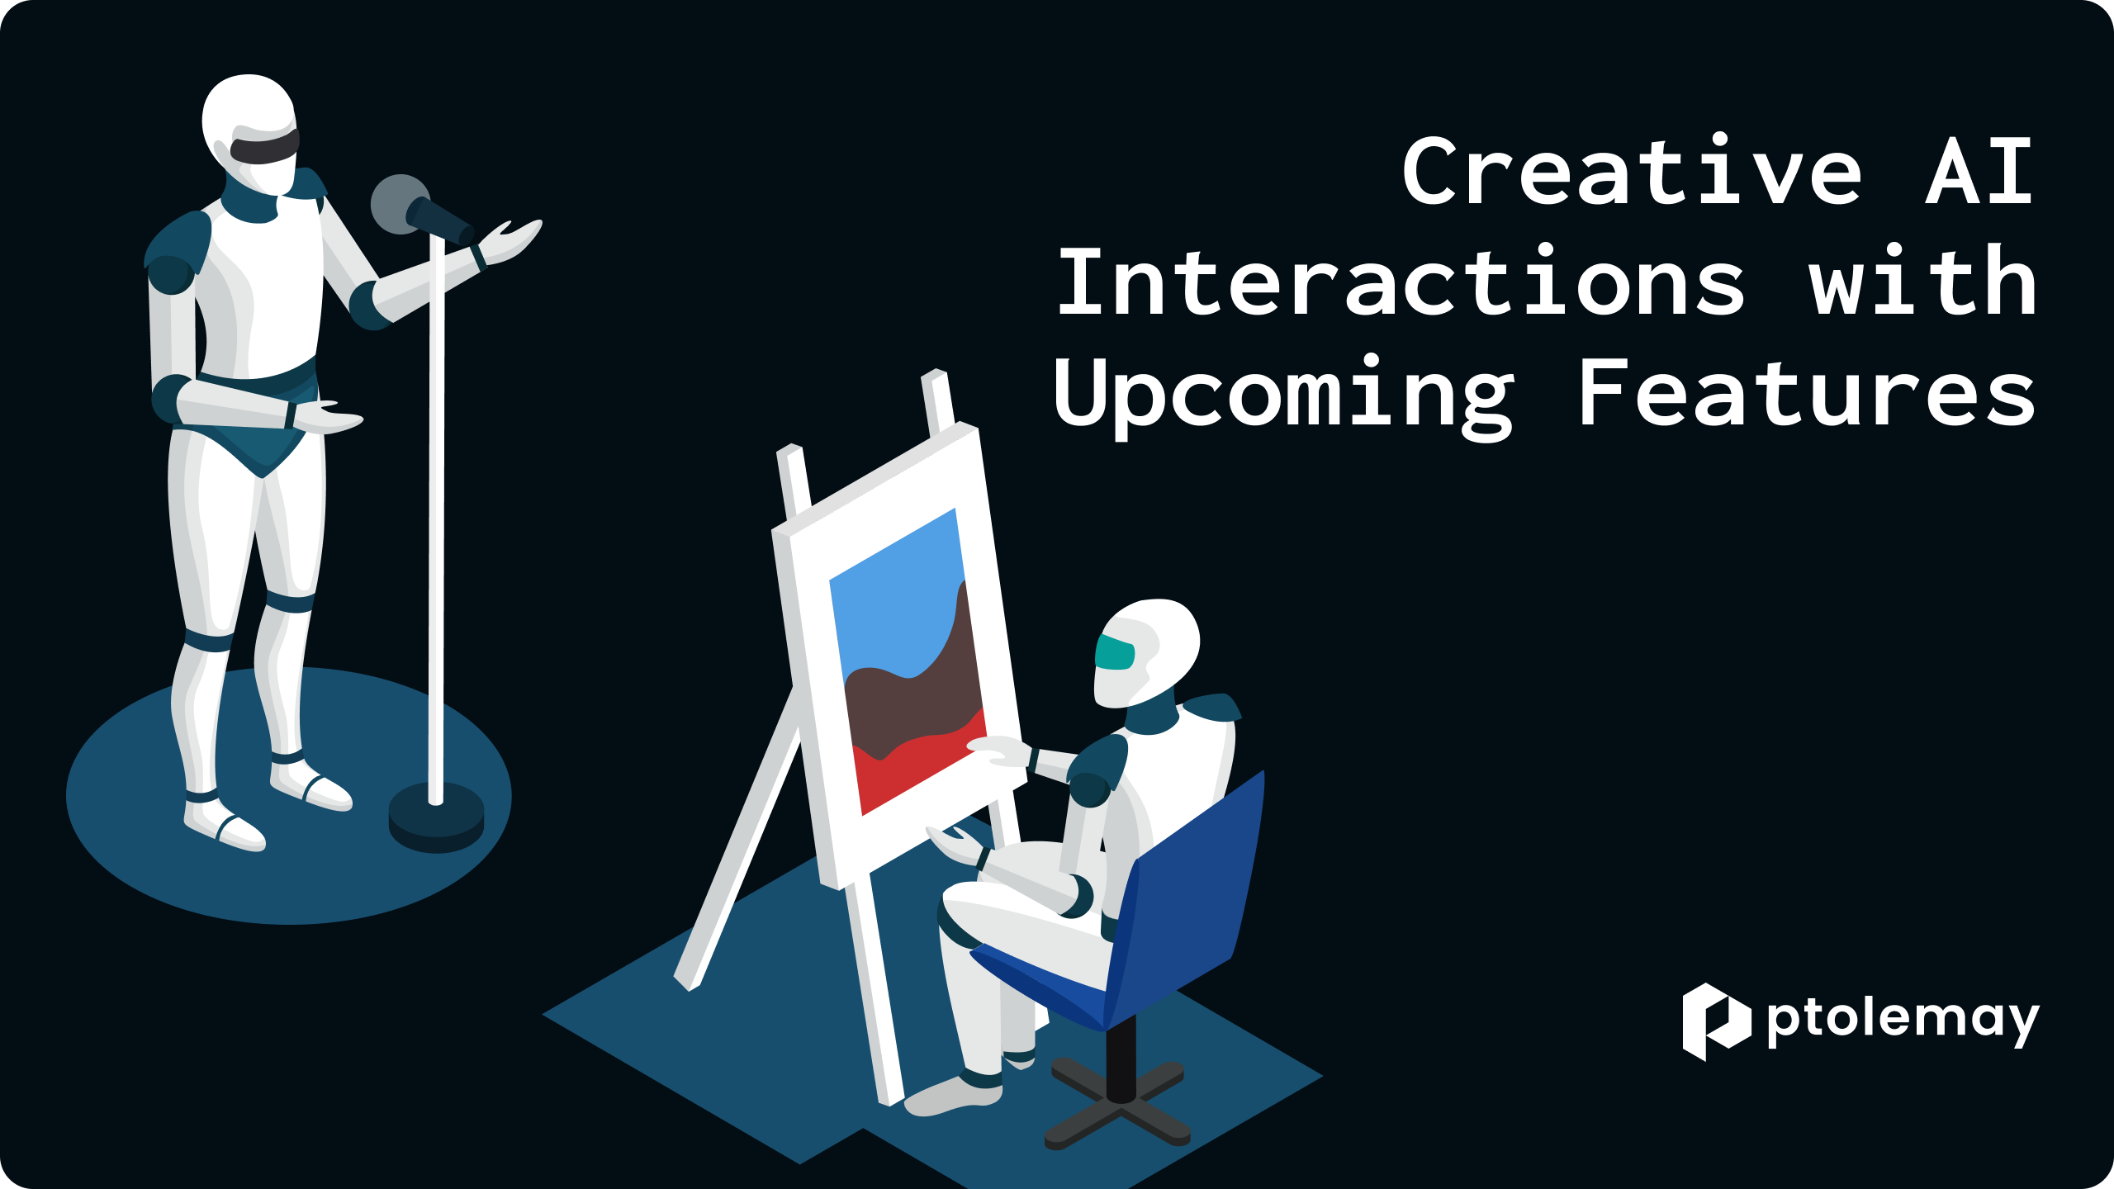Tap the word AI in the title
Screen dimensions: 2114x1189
coord(1979,172)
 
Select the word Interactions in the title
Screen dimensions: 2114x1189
coord(1401,281)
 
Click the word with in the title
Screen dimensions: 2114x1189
coord(1922,280)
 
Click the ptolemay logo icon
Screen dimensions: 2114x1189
coord(1717,1021)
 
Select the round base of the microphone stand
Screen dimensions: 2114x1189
coord(436,817)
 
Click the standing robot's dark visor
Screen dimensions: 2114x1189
coord(264,147)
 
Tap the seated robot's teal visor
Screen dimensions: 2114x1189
coord(1115,653)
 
